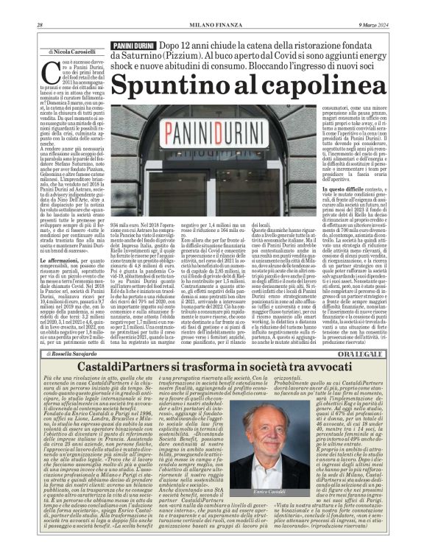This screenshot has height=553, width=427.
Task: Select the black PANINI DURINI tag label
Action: click(133, 46)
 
